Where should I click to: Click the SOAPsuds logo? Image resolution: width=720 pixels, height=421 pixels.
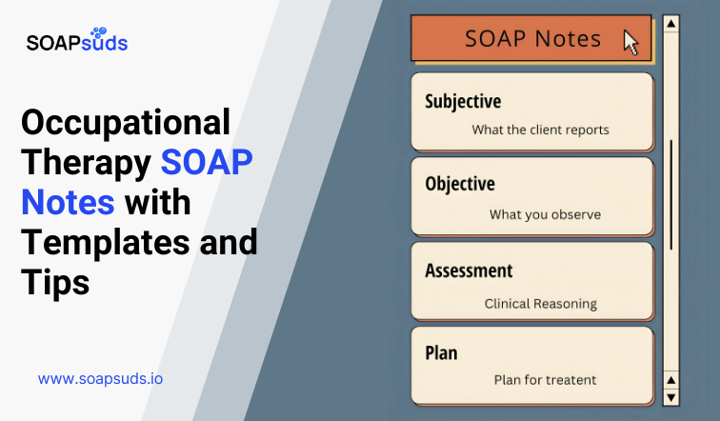coord(76,41)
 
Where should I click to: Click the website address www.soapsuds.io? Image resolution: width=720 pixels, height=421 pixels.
coord(100,378)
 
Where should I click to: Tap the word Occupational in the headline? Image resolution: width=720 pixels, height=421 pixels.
coord(126,123)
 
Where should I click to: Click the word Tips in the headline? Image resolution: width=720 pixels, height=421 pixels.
coord(55,282)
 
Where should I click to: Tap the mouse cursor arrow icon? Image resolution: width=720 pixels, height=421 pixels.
coord(630,42)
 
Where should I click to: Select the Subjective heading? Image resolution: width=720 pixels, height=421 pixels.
coord(463,101)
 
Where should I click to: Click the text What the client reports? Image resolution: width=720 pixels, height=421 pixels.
coord(540,130)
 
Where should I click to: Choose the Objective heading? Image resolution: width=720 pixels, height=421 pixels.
coord(460,184)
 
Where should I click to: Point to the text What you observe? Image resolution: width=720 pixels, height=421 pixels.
coord(545,214)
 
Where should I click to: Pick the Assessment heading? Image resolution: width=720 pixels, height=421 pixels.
coord(470,270)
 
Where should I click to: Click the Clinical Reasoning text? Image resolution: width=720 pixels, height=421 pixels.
coord(540,304)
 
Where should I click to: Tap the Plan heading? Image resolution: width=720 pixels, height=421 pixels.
coord(441,352)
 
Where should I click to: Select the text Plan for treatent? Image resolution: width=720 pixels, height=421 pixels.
coord(545,379)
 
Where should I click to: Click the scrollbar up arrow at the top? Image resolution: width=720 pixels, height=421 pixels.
coord(670,23)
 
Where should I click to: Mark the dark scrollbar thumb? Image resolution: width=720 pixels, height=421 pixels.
coord(670,195)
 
